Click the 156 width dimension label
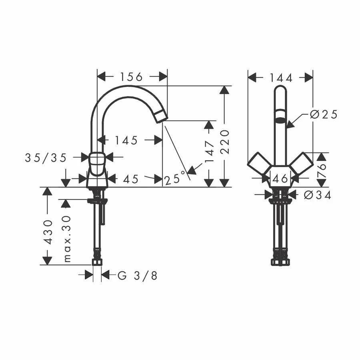tap(132, 77)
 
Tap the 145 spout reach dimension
tap(126, 140)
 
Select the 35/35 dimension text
tap(46, 158)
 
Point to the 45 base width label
tap(131, 179)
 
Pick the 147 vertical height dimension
tap(209, 152)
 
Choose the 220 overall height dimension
tap(224, 142)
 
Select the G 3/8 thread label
tap(138, 275)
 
